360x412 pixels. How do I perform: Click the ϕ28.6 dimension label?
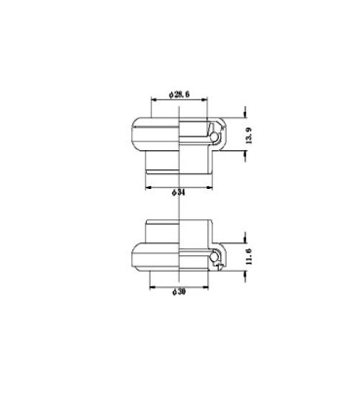[x=181, y=94]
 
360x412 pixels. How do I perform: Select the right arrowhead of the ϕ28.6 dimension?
[x=208, y=100]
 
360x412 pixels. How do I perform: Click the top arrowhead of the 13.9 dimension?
[x=244, y=111]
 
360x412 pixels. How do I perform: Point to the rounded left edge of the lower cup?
[x=132, y=257]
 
